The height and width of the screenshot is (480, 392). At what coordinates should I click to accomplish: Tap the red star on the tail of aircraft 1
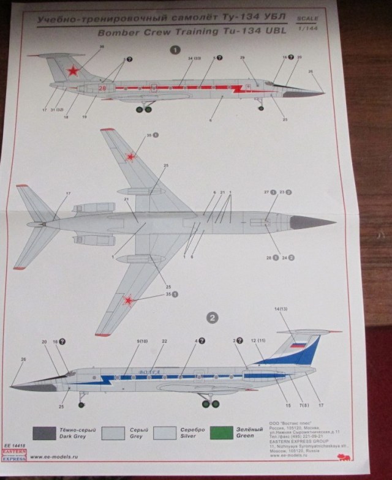click(x=73, y=71)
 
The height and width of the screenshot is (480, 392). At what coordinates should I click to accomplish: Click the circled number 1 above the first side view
click(x=176, y=50)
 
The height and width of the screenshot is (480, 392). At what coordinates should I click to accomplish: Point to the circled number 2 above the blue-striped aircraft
click(x=211, y=318)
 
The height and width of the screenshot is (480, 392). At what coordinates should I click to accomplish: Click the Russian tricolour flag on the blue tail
click(x=298, y=345)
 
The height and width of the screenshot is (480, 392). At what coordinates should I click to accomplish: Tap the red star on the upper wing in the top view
click(x=130, y=157)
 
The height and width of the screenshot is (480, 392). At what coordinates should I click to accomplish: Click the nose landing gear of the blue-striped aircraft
click(x=81, y=402)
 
